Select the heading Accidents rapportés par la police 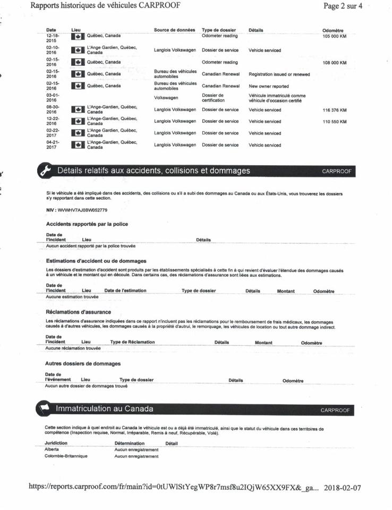(87, 224)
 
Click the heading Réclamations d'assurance (79, 312)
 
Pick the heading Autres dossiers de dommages (83, 363)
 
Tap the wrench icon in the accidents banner (41, 171)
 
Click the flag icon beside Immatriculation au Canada (41, 409)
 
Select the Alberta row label (52, 449)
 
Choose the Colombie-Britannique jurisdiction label (66, 456)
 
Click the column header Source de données (174, 30)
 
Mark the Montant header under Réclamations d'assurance (263, 343)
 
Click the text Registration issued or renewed (279, 74)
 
